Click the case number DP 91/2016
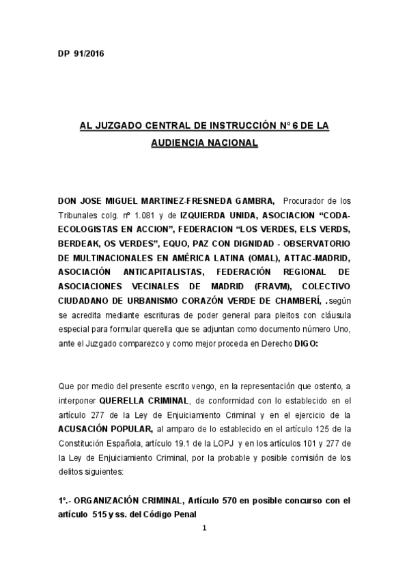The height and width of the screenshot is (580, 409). (81, 53)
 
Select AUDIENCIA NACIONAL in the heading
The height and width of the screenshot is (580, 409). (206, 144)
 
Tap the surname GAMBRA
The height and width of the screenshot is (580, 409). (255, 200)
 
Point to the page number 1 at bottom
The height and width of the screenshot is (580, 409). (204, 528)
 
